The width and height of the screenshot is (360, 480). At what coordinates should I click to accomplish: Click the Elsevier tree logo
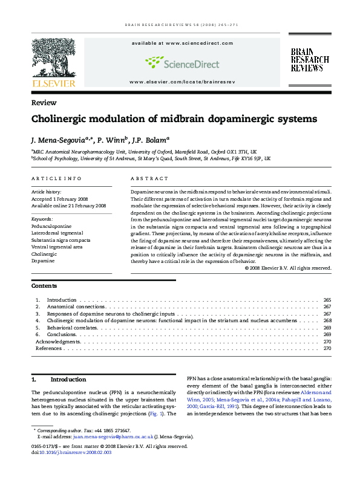pos(54,62)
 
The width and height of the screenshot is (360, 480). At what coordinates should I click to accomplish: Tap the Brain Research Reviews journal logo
pos(310,61)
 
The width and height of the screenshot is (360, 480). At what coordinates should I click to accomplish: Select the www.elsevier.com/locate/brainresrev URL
pos(182,81)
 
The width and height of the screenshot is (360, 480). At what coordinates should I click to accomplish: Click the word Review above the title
pos(44,103)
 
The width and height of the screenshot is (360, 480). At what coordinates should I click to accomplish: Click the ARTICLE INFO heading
pos(56,179)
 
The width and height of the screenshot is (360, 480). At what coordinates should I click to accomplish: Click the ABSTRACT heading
pos(149,179)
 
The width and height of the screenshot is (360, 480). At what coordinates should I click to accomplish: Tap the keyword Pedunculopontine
pos(51,226)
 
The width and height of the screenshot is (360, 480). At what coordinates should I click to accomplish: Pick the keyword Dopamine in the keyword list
pos(43,261)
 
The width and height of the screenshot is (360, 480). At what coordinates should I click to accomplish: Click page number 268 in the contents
pos(327,321)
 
